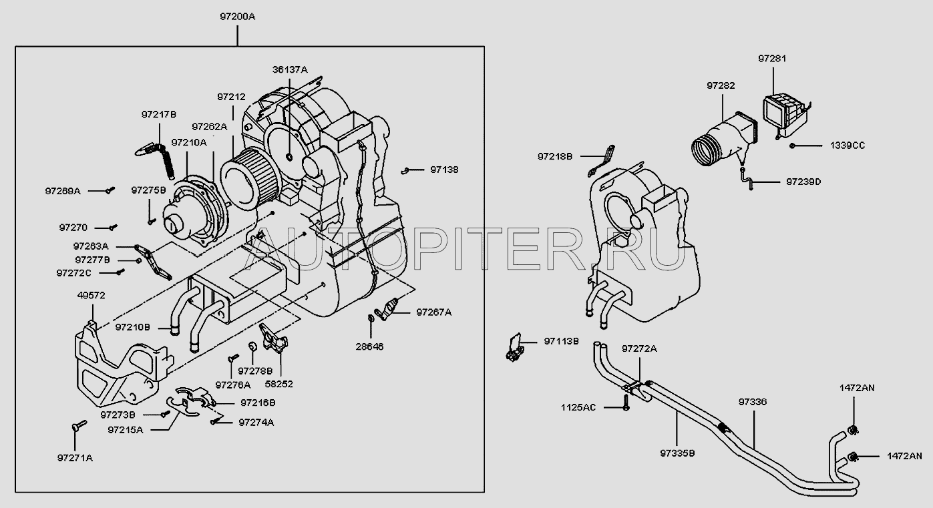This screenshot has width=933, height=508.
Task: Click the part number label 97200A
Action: (x=237, y=17)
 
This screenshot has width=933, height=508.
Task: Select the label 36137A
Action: (x=290, y=69)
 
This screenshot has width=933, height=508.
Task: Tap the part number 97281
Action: (x=772, y=59)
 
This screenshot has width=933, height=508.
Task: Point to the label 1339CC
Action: (x=848, y=146)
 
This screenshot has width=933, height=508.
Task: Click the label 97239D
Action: (x=803, y=182)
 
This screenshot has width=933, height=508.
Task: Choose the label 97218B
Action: (x=555, y=157)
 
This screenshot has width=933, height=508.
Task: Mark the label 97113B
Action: (x=562, y=341)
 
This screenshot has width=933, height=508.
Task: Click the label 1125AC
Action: (x=578, y=407)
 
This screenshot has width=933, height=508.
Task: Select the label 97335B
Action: (x=677, y=453)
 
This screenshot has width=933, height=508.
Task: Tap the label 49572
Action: (x=91, y=296)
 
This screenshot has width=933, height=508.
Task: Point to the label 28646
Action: (x=369, y=346)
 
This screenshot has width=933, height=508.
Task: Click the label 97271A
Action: (x=75, y=458)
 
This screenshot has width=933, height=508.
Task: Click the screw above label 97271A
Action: (x=79, y=425)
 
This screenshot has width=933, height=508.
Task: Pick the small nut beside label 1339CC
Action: (x=792, y=146)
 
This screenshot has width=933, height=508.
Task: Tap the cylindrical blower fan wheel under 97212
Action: (x=246, y=178)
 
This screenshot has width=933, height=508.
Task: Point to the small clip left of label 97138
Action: (x=405, y=170)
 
